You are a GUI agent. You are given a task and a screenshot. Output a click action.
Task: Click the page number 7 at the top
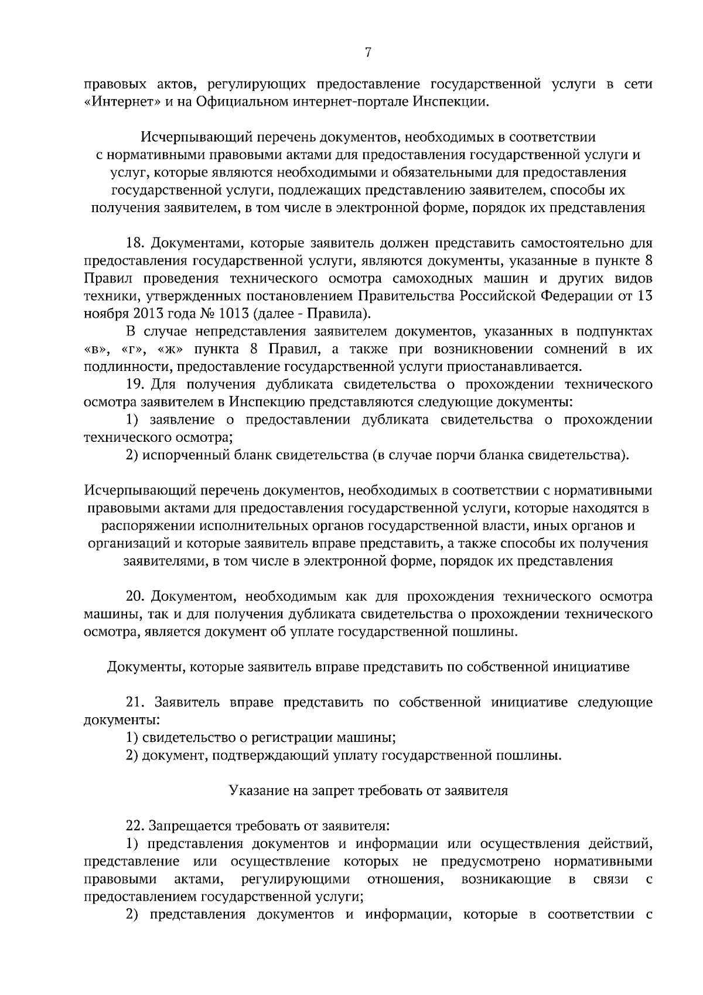(x=367, y=53)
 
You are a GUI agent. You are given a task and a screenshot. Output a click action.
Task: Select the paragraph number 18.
(x=136, y=243)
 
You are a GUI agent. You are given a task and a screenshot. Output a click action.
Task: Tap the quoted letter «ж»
(x=169, y=349)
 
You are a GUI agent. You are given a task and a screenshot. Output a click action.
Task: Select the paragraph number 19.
(x=136, y=384)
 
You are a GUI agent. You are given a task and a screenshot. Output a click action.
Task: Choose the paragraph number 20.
(x=136, y=597)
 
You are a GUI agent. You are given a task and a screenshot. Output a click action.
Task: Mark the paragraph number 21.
(x=136, y=703)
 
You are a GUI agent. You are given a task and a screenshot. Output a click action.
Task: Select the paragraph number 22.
(x=136, y=826)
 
